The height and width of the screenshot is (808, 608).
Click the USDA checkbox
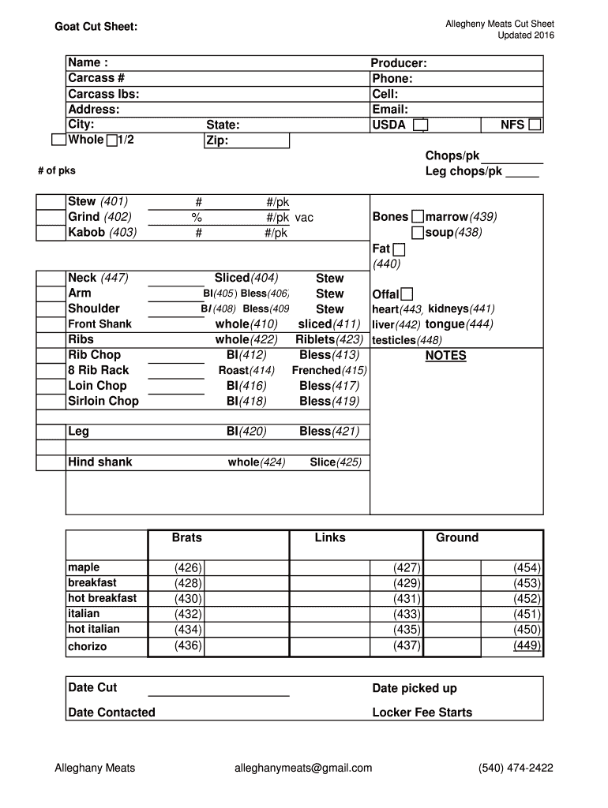pos(421,125)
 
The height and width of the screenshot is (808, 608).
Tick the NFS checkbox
pos(535,125)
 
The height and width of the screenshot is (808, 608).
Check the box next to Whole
pos(58,140)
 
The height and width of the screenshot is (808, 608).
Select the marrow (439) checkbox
pos(418,217)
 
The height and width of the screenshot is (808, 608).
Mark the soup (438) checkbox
pos(418,233)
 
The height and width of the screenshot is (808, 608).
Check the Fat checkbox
pos(398,249)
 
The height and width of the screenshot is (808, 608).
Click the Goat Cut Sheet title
pos(96,28)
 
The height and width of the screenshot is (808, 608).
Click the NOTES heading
pos(445,356)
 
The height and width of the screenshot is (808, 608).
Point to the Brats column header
pos(187,538)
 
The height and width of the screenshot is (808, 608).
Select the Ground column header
pos(456,538)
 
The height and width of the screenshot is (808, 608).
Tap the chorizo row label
pos(87,647)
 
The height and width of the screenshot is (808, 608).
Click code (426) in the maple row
pos(188,568)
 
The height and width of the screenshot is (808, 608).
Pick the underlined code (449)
pos(527,645)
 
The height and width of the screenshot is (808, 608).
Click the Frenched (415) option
pos(329,371)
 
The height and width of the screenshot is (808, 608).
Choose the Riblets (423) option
pos(329,340)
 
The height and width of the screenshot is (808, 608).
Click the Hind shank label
pos(99,462)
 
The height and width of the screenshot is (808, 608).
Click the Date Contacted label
pos(111,713)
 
